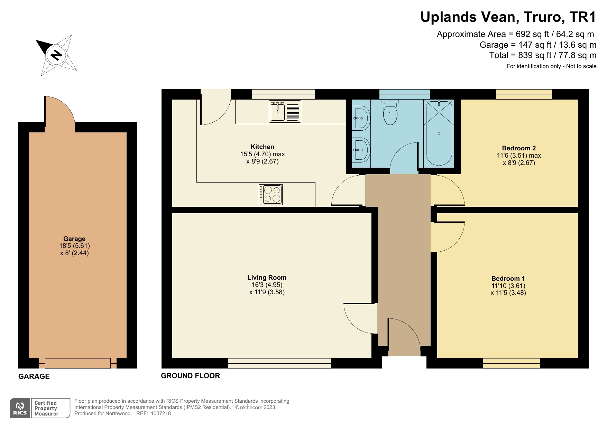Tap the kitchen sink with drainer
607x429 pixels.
pyautogui.click(x=285, y=111)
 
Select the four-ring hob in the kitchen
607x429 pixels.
pyautogui.click(x=270, y=195)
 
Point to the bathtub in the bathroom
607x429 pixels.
pyautogui.click(x=439, y=133)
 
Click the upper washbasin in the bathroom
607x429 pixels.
pyautogui.click(x=361, y=118)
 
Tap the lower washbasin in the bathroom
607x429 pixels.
pyautogui.click(x=361, y=150)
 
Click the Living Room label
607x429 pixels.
pyautogui.click(x=267, y=277)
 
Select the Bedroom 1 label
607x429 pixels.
pyautogui.click(x=508, y=278)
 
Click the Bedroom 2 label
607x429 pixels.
pyautogui.click(x=519, y=148)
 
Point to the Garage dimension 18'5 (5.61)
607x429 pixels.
pyautogui.click(x=74, y=246)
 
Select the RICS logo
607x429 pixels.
pyautogui.click(x=20, y=408)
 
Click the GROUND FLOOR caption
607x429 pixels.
pyautogui.click(x=190, y=376)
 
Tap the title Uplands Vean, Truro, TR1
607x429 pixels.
pyautogui.click(x=508, y=17)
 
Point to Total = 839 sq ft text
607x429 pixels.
pyautogui.click(x=542, y=55)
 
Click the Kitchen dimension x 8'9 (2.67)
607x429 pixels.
pyautogui.click(x=262, y=161)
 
